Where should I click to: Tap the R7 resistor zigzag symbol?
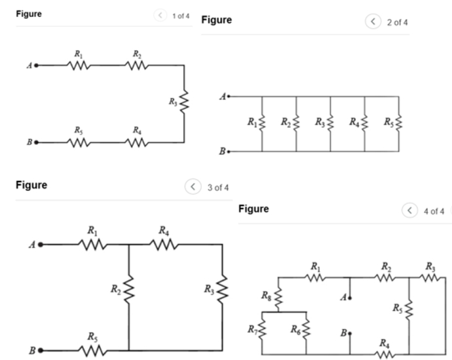click(263, 330)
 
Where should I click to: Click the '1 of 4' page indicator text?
click(181, 15)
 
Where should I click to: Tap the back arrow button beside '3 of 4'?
click(193, 187)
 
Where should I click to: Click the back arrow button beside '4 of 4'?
click(409, 210)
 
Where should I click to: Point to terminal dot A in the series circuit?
click(36, 66)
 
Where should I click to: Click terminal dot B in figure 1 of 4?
click(36, 142)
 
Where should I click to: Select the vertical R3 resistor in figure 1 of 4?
click(184, 102)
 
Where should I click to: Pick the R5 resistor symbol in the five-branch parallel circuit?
click(398, 123)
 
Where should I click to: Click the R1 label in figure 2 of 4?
click(252, 122)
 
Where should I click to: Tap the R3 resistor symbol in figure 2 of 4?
click(330, 123)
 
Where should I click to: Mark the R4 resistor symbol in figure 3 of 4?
click(164, 245)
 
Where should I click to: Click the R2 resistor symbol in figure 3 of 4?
click(129, 289)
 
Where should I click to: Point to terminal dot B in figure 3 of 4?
click(41, 350)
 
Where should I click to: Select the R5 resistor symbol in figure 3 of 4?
click(92, 350)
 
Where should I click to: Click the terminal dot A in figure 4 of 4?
click(350, 298)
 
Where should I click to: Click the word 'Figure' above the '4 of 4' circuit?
click(253, 209)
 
